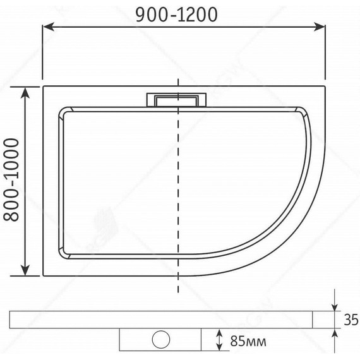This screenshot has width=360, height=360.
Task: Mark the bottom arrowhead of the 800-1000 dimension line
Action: click(26, 272)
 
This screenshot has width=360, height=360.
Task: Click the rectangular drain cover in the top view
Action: click(177, 100)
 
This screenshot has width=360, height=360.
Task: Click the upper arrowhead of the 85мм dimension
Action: click(219, 332)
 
